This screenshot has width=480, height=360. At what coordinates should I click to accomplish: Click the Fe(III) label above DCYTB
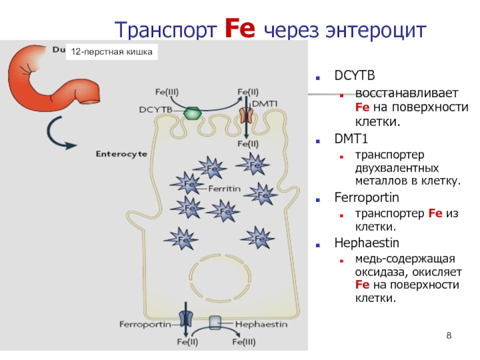pos(167,92)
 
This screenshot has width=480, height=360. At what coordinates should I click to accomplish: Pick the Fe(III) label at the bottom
pos(244,343)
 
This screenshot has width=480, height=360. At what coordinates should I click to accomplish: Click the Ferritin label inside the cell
pos(225,188)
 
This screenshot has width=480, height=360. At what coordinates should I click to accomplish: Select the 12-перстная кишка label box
pos(110,52)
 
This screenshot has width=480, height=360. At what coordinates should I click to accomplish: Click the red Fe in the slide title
pos(240,28)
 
